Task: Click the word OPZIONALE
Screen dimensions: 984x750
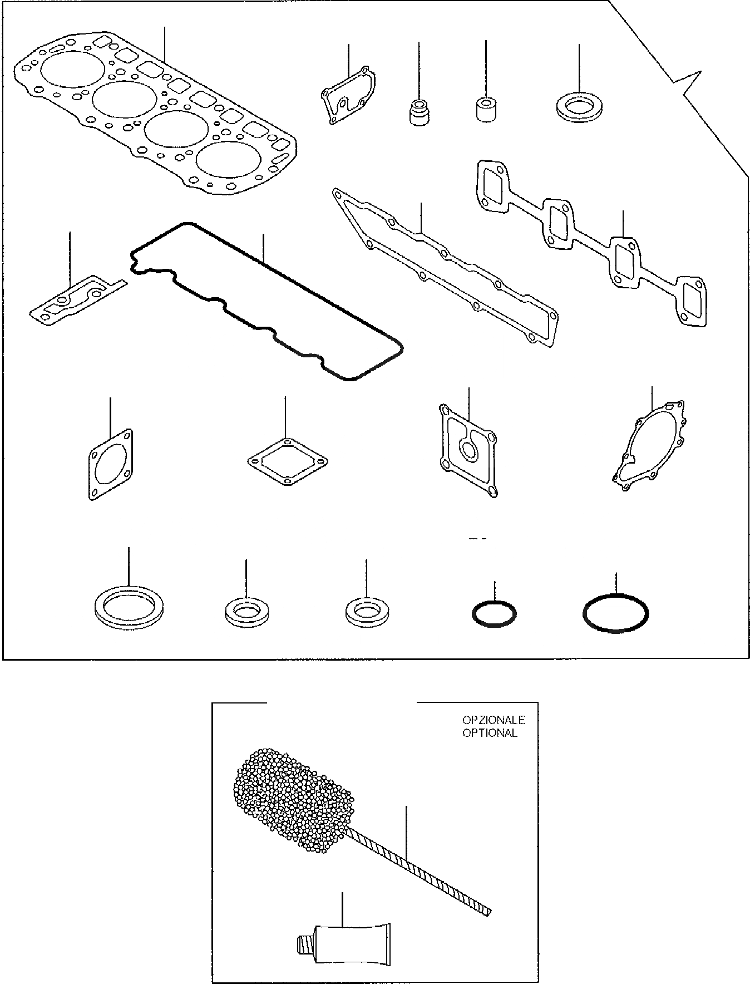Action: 494,720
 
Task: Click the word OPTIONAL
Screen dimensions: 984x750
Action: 490,733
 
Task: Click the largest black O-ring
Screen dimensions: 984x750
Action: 615,614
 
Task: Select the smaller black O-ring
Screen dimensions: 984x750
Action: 494,614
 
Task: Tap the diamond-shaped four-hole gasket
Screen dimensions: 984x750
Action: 287,462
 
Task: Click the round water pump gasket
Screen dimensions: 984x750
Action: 650,447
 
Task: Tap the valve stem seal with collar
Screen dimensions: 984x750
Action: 418,111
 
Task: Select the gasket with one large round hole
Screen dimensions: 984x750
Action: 110,464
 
